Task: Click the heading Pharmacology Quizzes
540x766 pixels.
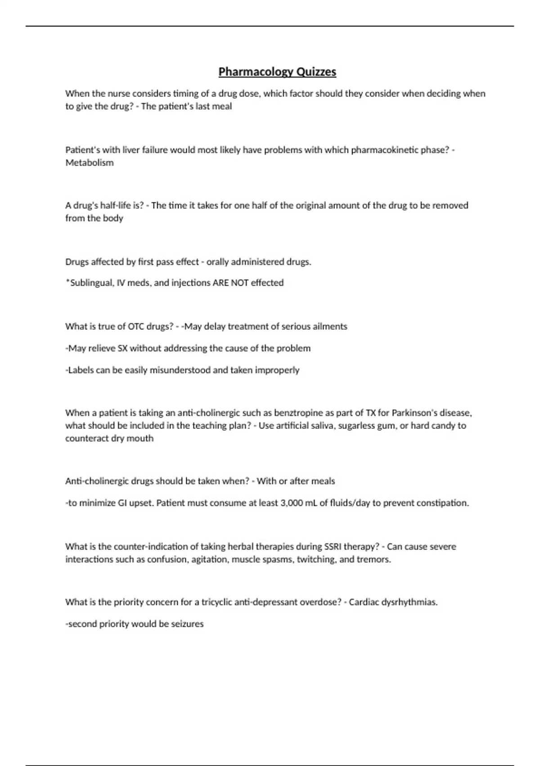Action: tap(277, 72)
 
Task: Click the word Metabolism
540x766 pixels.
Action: tap(90, 163)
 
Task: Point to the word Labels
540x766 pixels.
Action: tap(81, 370)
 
